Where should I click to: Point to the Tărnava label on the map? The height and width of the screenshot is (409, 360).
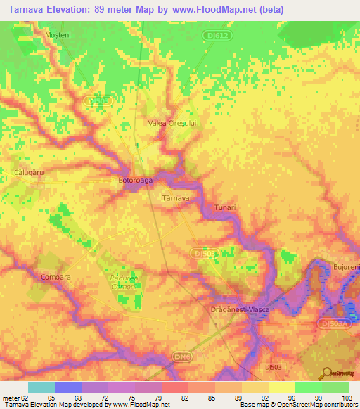(x=176, y=199)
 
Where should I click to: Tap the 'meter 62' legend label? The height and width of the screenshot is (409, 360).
(x=15, y=398)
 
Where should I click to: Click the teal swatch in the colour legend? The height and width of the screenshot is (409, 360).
(x=41, y=387)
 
